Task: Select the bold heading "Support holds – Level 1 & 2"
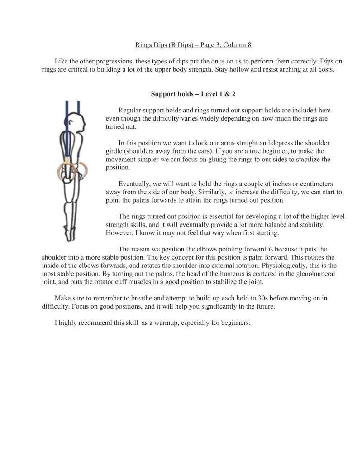tap(193, 94)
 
